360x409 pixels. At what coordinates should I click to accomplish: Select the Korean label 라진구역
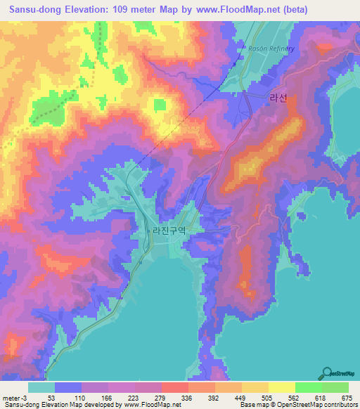[x=169, y=229]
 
